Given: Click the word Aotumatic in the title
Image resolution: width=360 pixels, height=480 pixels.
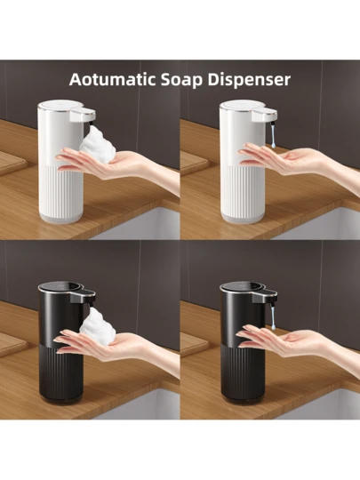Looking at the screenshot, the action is tap(113, 80).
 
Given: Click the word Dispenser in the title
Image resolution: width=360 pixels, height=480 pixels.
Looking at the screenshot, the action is tap(249, 80).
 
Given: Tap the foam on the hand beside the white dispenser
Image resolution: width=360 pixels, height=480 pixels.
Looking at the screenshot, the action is tap(98, 144).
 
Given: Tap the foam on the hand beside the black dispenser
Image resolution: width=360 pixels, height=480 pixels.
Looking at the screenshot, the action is tap(98, 323).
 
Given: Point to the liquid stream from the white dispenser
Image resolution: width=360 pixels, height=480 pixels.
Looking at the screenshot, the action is tap(273, 136).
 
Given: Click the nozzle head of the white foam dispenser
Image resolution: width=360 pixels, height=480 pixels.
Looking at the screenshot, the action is tap(83, 116).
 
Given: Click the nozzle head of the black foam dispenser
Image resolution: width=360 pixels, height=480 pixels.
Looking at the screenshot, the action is tap(83, 296).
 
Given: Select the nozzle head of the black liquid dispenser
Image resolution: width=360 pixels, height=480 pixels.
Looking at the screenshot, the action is tap(265, 296).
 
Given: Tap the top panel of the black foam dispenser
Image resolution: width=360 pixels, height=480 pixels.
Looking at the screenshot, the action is tap(60, 286).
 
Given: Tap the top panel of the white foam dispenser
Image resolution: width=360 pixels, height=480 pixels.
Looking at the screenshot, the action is tap(60, 105).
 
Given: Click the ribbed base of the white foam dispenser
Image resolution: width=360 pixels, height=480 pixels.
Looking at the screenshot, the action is tap(60, 192).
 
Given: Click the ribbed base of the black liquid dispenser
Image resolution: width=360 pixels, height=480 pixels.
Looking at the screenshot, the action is tap(243, 372).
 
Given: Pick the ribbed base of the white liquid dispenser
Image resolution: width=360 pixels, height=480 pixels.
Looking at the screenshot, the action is tap(243, 192).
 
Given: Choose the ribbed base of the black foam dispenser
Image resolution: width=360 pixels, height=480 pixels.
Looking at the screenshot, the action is tap(61, 372).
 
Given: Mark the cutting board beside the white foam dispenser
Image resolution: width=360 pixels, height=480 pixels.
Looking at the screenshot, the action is tap(12, 163).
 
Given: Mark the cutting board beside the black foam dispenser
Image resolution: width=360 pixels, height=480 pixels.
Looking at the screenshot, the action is tap(12, 344).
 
